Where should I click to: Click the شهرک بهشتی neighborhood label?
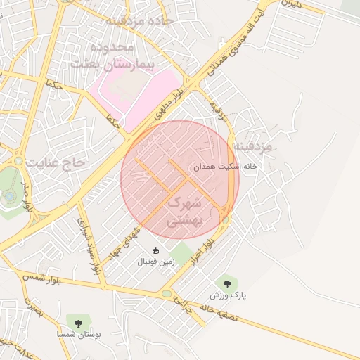184,212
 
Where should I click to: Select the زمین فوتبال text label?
155,262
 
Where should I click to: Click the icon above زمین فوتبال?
155,250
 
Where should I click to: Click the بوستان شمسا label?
77,334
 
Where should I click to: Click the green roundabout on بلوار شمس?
167,293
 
